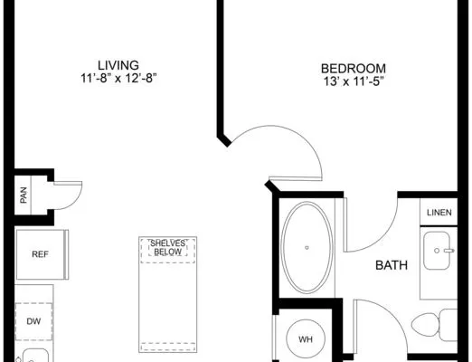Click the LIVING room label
click(118, 65)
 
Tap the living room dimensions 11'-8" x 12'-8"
click(118, 79)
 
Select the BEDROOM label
click(354, 69)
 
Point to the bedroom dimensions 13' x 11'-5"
click(354, 81)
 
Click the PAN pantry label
click(24, 195)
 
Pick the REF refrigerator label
click(40, 254)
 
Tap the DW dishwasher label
click(33, 321)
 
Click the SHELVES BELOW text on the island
click(168, 248)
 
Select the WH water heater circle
click(306, 339)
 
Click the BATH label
click(392, 265)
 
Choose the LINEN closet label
click(439, 213)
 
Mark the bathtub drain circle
click(307, 248)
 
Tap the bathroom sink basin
click(437, 251)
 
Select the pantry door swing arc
click(75, 202)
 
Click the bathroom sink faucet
click(449, 251)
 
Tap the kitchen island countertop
click(168, 294)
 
